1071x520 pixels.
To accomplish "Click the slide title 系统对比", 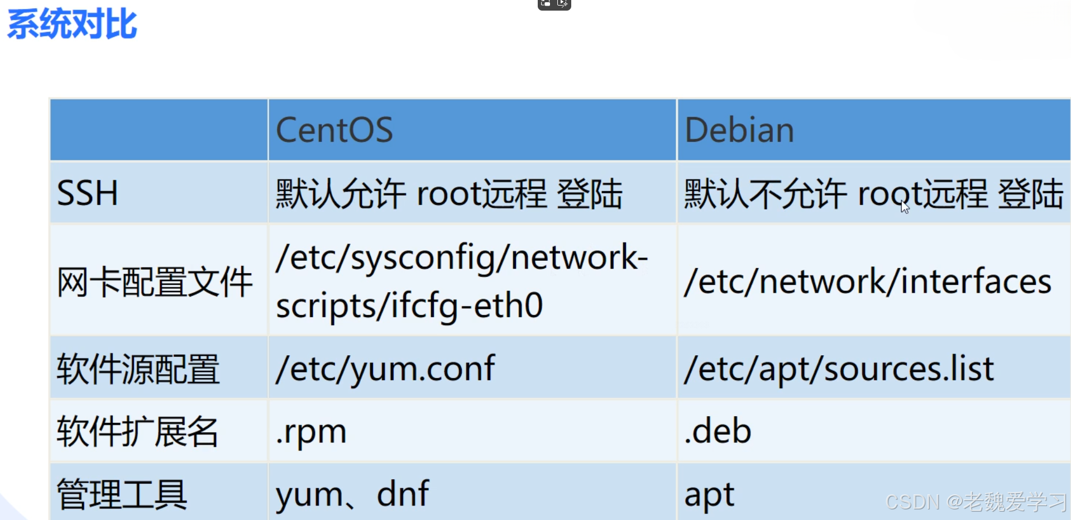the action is [72, 24].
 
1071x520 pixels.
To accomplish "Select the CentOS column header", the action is [334, 130].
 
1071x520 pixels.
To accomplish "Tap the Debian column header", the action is [739, 130].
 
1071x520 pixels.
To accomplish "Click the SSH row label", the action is [88, 193].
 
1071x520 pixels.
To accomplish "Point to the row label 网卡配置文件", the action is [155, 282].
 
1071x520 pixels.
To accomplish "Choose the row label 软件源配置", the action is [138, 369].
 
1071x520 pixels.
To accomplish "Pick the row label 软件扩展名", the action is [138, 432].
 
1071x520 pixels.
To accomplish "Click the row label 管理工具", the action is [122, 494].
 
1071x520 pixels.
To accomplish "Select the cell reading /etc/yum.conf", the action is [385, 369].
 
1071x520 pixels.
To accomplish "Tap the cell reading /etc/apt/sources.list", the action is [839, 369].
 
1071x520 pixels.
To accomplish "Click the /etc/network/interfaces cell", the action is [868, 282].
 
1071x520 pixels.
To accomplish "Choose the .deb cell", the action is [718, 431].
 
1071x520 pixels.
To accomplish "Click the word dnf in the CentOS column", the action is [403, 493].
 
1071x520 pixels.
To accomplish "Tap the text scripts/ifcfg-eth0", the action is [409, 306].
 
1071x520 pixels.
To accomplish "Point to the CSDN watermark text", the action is [976, 502].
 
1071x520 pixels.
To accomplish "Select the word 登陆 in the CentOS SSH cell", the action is [590, 193].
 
